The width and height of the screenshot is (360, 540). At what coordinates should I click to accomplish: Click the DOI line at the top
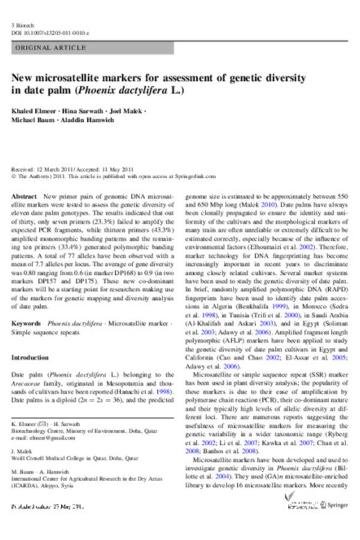coord(50,33)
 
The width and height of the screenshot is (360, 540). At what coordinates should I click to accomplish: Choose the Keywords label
coord(26,323)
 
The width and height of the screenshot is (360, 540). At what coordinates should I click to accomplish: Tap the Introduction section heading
coord(32,358)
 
